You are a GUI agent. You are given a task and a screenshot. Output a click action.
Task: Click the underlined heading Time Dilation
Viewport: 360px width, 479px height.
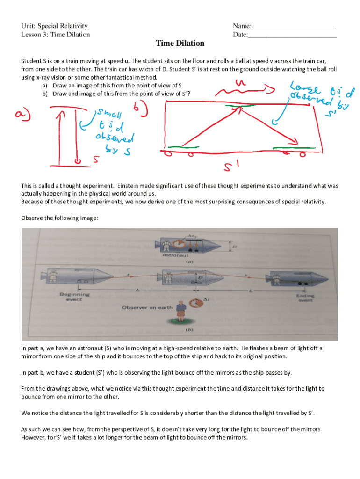[180, 44]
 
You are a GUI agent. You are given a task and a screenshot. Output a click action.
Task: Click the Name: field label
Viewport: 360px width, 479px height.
[242, 26]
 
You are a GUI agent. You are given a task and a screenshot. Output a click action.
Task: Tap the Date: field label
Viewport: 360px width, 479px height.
[240, 34]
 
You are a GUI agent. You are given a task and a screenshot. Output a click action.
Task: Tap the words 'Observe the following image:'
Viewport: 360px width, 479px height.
[59, 218]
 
